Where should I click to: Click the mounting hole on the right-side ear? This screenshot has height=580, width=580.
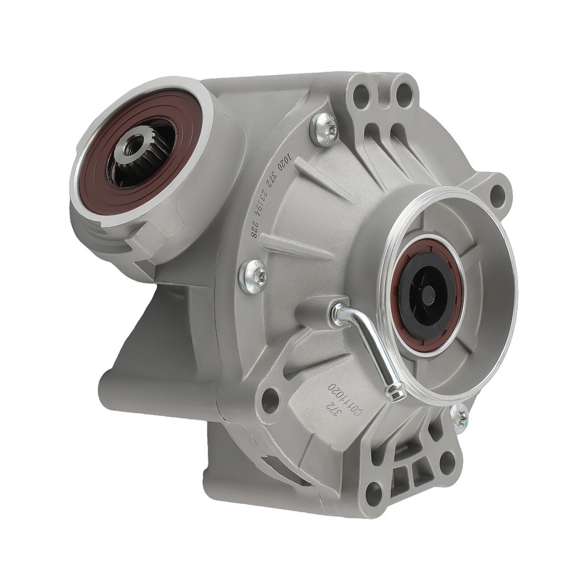click(497, 195)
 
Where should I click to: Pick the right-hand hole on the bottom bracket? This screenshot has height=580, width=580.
click(448, 462)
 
